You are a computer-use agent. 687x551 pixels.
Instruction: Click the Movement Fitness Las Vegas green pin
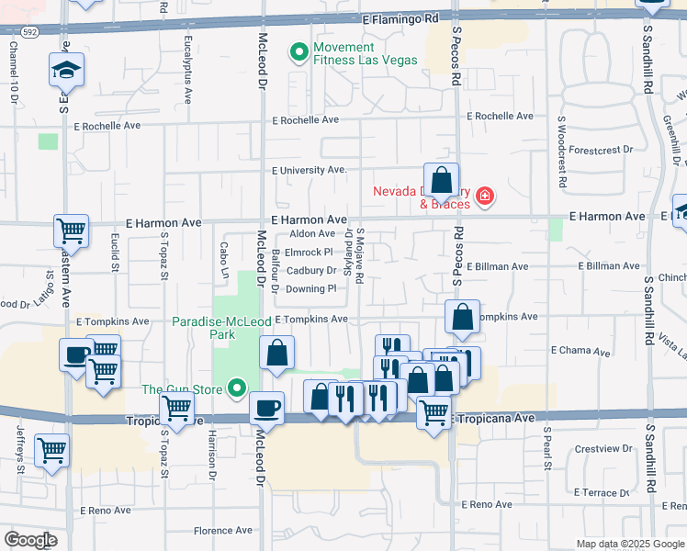(x=298, y=53)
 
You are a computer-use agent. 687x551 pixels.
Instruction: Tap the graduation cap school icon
(x=66, y=70)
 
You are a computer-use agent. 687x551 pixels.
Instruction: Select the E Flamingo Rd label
(x=400, y=17)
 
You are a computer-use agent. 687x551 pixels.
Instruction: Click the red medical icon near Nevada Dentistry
(x=483, y=196)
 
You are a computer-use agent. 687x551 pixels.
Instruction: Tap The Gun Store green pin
(x=238, y=389)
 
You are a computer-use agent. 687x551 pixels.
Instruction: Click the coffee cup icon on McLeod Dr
(x=266, y=407)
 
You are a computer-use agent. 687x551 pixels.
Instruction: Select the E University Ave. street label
(x=310, y=170)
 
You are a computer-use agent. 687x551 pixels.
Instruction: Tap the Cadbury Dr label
(x=310, y=271)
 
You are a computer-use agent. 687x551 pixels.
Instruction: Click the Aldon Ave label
(x=312, y=234)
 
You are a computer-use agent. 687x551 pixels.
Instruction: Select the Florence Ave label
(x=222, y=531)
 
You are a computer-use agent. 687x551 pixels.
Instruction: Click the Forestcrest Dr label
(x=602, y=149)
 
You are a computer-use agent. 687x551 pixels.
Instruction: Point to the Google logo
(x=29, y=540)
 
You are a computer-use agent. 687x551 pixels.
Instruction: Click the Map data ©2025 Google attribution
(x=629, y=544)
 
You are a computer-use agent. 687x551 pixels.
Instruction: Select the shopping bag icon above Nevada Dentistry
(x=441, y=180)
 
